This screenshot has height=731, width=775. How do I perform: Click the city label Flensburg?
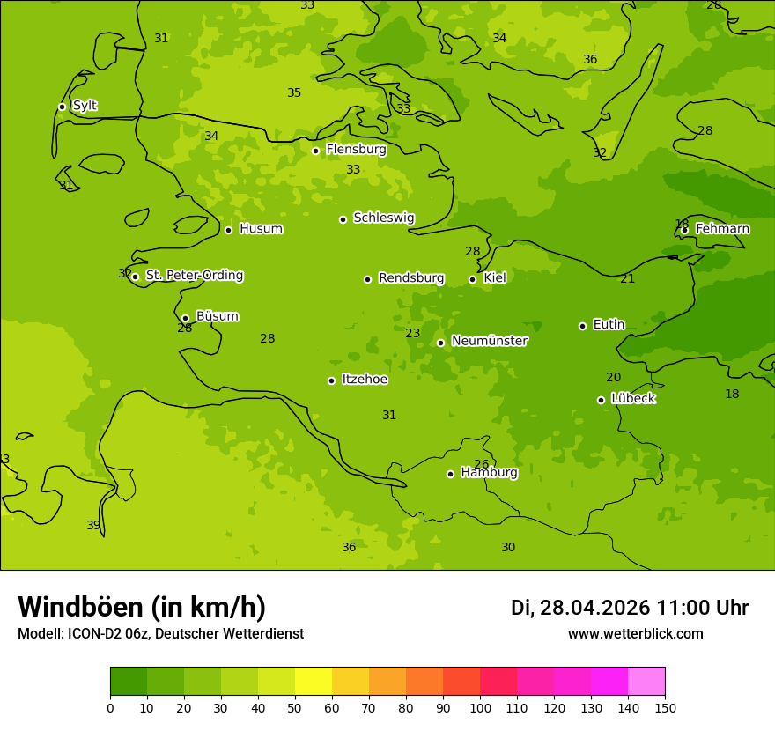coord(356,150)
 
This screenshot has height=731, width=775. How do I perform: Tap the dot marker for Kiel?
coord(472,279)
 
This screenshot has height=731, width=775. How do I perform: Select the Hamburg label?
coord(489,473)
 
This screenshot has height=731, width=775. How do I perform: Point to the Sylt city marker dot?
coord(62,107)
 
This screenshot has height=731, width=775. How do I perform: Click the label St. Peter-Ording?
coord(194,276)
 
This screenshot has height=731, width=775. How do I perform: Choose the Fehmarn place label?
coord(722,229)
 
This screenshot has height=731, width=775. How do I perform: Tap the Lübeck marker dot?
coord(601,400)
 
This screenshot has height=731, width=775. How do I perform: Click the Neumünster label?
coord(489,341)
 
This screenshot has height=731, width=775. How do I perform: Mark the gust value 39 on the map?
coord(93,526)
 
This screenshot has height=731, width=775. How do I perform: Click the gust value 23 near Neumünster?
coord(412,334)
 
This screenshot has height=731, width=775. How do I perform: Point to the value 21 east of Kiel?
coord(627,279)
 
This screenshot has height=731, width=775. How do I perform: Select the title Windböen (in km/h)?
coord(142,607)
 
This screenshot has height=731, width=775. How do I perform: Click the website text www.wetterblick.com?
coord(635,634)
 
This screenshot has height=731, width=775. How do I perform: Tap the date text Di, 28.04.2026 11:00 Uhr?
coord(629,608)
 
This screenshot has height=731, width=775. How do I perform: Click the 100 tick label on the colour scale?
coord(480,707)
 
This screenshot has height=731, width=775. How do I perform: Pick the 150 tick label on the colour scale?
coord(664,707)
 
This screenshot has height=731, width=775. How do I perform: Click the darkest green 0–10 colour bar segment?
coord(129,682)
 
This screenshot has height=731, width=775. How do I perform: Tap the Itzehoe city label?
coord(365,380)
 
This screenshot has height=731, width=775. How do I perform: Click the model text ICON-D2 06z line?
coord(160,634)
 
